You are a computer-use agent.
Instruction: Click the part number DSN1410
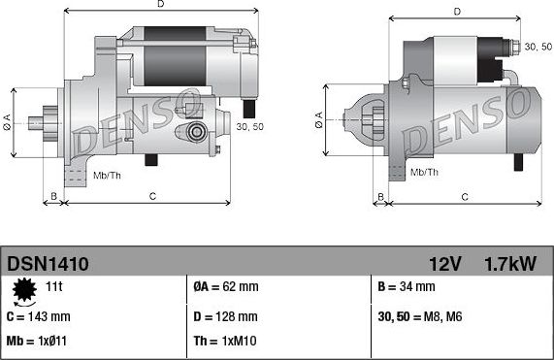[x=49, y=263]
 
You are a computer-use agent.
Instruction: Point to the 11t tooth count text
[x=54, y=287]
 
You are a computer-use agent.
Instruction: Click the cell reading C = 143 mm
[x=39, y=316]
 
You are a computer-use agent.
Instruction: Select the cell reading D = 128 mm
[x=225, y=316]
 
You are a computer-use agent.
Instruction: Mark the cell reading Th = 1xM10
[x=225, y=343]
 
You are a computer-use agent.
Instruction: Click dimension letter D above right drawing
[x=455, y=12]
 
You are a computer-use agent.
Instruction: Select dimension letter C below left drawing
[x=153, y=197]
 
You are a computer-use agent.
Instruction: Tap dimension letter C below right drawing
[x=465, y=197]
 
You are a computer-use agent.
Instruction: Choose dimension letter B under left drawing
[x=54, y=197]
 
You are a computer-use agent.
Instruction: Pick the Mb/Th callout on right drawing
[x=424, y=172]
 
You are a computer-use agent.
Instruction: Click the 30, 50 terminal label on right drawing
[x=538, y=46]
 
